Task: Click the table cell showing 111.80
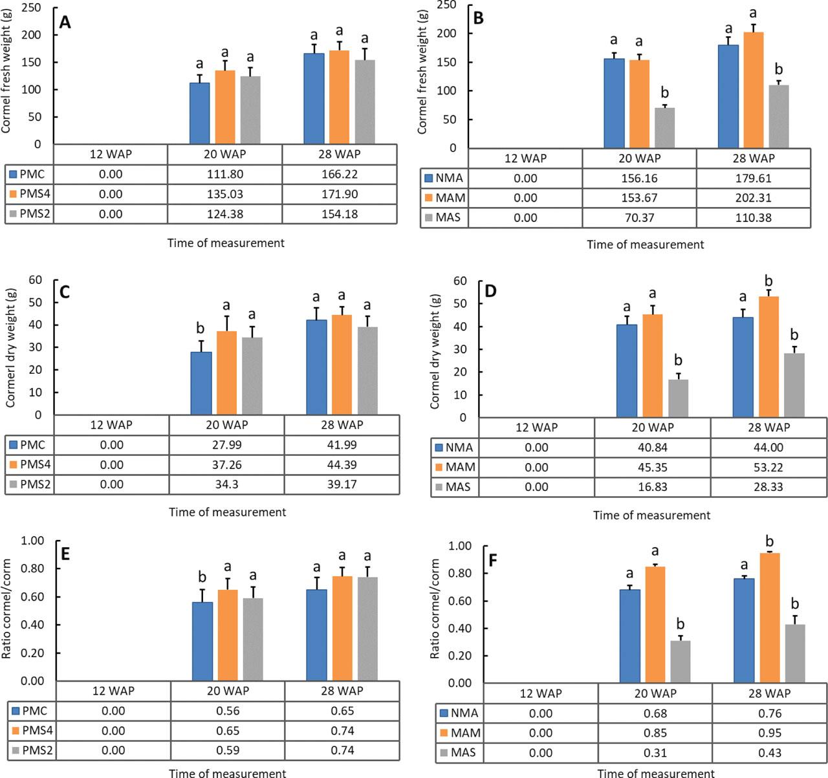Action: pyautogui.click(x=224, y=174)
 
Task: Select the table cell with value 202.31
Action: pyautogui.click(x=753, y=198)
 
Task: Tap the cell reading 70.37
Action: pyautogui.click(x=639, y=217)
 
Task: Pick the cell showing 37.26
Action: pyautogui.click(x=226, y=464)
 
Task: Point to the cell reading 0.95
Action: pyautogui.click(x=768, y=733)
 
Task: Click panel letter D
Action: pyautogui.click(x=490, y=291)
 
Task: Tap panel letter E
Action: pyautogui.click(x=64, y=554)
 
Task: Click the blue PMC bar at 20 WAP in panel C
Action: pyautogui.click(x=201, y=383)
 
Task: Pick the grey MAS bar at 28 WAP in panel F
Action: pyautogui.click(x=795, y=653)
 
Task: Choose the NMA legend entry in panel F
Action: pyautogui.click(x=459, y=713)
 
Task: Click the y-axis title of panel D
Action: pyautogui.click(x=435, y=350)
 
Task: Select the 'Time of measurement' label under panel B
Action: pyautogui.click(x=645, y=244)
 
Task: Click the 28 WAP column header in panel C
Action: pyautogui.click(x=342, y=425)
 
